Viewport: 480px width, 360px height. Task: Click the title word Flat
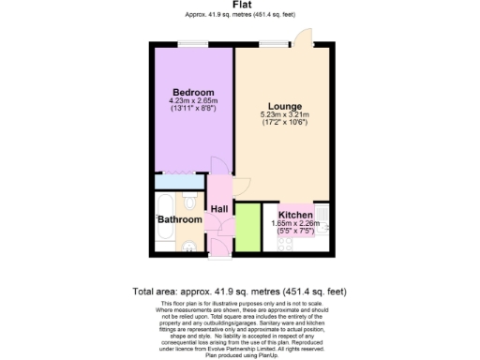(x=240, y=5)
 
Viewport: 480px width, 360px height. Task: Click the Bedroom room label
(x=191, y=92)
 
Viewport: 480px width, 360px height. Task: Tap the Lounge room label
(x=283, y=106)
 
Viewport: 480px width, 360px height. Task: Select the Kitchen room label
(x=296, y=215)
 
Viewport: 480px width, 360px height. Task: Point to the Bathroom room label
(x=179, y=219)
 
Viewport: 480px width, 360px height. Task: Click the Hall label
(x=220, y=209)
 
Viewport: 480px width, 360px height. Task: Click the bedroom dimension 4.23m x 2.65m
(x=192, y=101)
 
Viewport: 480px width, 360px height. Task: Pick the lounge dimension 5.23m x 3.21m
(x=283, y=115)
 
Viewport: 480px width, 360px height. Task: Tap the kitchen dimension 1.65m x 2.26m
(x=296, y=223)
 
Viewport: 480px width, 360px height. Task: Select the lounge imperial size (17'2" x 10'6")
(x=283, y=123)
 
